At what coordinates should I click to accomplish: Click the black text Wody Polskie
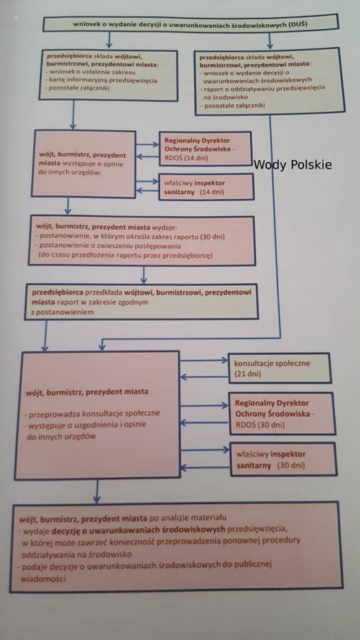[292, 165]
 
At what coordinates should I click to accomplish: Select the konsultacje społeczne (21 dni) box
[279, 368]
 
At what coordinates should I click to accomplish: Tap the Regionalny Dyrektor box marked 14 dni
[205, 149]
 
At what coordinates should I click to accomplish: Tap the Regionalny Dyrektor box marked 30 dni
[282, 413]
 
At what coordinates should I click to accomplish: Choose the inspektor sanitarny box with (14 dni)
[206, 187]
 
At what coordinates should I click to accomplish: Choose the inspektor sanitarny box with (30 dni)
[283, 459]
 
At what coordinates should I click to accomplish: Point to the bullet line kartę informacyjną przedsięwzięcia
[101, 80]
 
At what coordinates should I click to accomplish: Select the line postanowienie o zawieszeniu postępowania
[108, 246]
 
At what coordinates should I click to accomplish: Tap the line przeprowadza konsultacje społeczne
[92, 413]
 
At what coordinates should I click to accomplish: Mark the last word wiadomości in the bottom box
[43, 579]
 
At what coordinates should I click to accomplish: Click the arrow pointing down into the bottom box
[97, 491]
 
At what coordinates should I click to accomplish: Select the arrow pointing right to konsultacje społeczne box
[204, 361]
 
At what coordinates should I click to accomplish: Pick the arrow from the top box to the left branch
[109, 41]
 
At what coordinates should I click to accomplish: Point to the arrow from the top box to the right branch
[270, 41]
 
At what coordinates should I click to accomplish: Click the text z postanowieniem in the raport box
[63, 312]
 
